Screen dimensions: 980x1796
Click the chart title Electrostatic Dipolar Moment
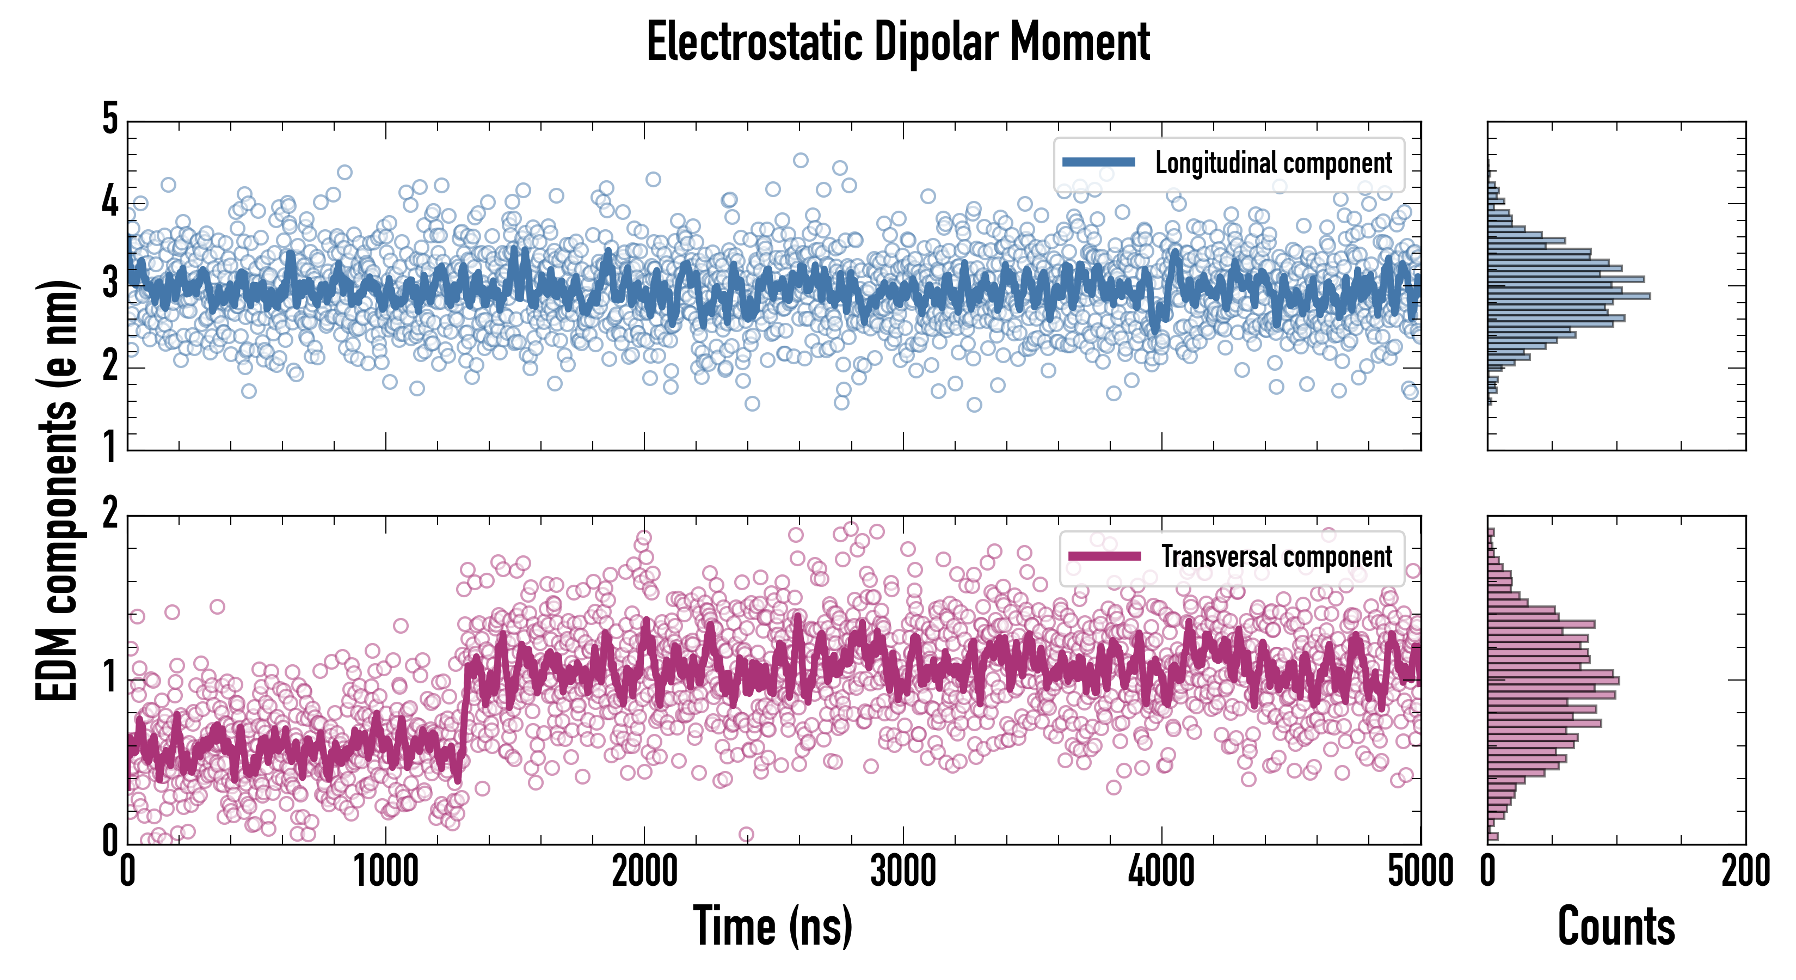[898, 42]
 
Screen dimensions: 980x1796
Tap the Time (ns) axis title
[772, 926]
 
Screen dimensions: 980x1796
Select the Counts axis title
[1616, 926]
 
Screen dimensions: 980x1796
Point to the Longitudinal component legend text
[1273, 163]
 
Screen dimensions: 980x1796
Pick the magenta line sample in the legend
[1104, 556]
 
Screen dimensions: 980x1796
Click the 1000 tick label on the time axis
[385, 872]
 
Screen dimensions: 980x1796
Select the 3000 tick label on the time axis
[903, 872]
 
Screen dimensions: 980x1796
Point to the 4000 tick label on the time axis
[1161, 872]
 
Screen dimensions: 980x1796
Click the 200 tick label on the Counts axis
[1745, 872]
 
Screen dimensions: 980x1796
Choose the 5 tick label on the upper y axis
[110, 119]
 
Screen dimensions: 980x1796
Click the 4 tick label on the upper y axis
[110, 203]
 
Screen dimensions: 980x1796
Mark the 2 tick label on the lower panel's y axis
[110, 514]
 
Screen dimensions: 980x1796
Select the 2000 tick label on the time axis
[644, 872]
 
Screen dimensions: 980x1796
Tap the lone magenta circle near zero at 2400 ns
[746, 834]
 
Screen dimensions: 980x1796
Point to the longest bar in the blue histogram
[1569, 296]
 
